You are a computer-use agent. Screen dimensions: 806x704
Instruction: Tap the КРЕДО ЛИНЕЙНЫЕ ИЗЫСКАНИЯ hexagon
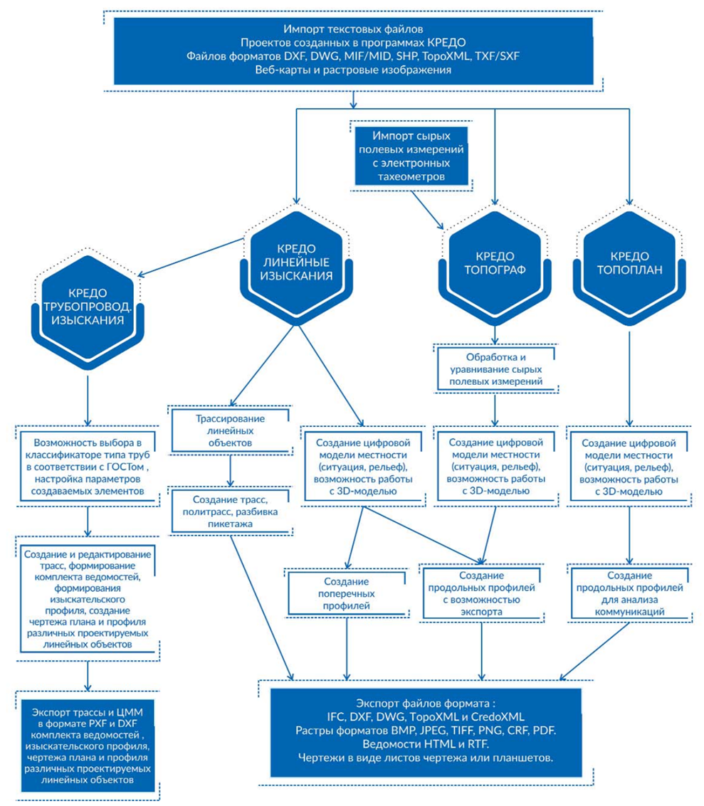(293, 263)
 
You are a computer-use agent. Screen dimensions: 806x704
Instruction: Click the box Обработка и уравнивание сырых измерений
(496, 368)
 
